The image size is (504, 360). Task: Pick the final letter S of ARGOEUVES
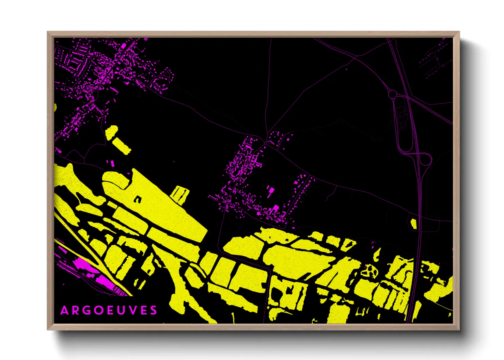(x=154, y=310)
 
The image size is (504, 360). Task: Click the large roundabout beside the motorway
(x=393, y=94)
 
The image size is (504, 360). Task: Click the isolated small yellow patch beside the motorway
(x=414, y=224)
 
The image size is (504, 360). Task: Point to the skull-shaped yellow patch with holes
(x=369, y=271)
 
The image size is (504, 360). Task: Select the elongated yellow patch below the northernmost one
(x=121, y=145)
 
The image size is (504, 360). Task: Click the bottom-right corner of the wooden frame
(x=459, y=329)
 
